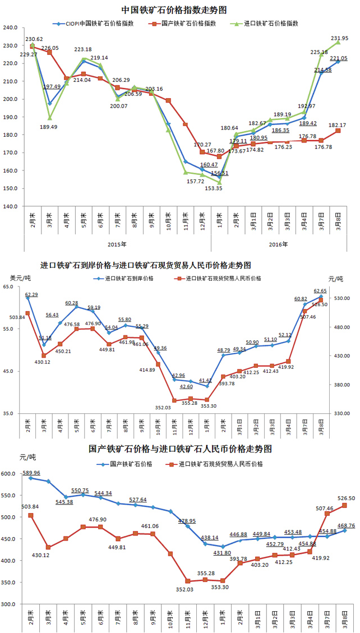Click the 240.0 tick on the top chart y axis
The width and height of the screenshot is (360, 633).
pos(11,27)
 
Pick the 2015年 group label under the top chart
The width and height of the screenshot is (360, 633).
pos(116,244)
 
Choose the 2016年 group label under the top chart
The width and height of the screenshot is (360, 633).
pos(277,244)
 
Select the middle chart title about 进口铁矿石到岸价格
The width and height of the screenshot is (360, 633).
pos(146,265)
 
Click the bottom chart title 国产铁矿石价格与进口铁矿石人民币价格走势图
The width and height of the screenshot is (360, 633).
pos(180,449)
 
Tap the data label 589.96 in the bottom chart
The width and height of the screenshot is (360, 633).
pos(31,473)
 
